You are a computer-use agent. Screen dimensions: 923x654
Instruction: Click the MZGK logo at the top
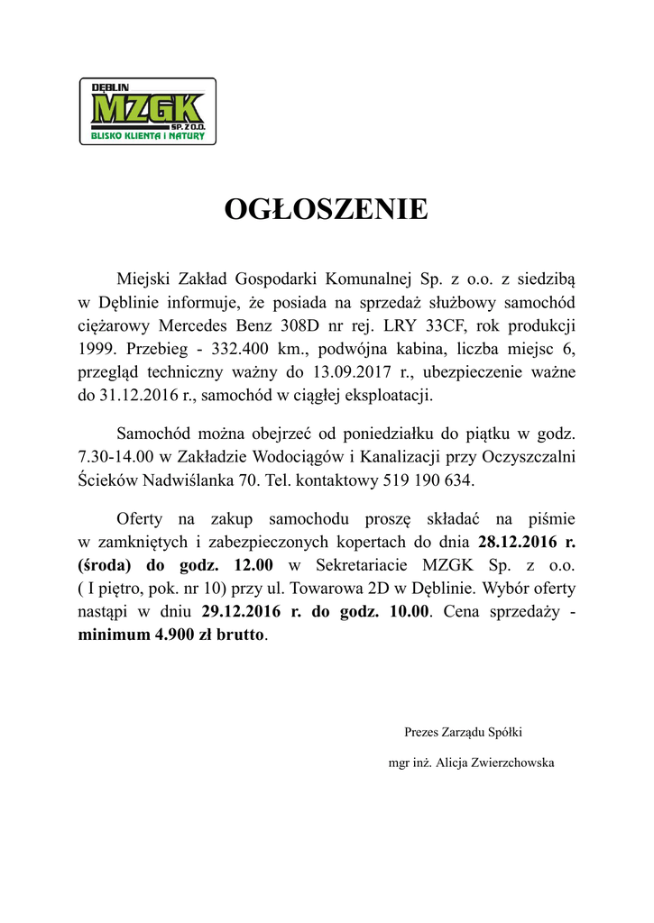tap(148, 111)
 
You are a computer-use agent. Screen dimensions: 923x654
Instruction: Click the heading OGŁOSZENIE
tap(327, 209)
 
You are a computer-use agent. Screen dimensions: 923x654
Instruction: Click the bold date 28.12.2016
tap(512, 543)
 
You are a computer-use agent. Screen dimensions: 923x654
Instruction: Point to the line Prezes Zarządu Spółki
tap(463, 732)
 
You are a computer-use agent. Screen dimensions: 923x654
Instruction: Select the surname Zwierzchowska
tap(511, 763)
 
